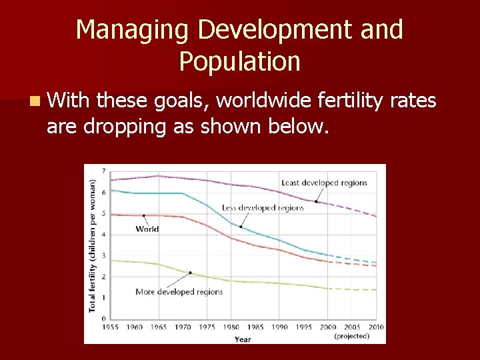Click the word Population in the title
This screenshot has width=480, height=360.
pyautogui.click(x=239, y=61)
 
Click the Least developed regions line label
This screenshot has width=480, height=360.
pyautogui.click(x=323, y=183)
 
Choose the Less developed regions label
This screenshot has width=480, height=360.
pyautogui.click(x=263, y=207)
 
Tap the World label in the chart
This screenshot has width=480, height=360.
pyautogui.click(x=147, y=229)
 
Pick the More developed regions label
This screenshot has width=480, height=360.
pyautogui.click(x=179, y=291)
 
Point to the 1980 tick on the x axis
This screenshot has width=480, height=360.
pyautogui.click(x=232, y=327)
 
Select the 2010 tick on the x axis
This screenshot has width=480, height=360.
pyautogui.click(x=377, y=327)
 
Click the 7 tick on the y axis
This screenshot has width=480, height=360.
pyautogui.click(x=103, y=171)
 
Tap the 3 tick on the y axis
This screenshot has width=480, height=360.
pyautogui.click(x=103, y=255)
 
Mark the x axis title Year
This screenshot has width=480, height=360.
pyautogui.click(x=243, y=339)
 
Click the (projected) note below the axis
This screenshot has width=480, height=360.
pyautogui.click(x=351, y=336)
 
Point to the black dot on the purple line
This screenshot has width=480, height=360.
pyautogui.click(x=316, y=201)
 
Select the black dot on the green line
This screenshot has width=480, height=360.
pyautogui.click(x=190, y=273)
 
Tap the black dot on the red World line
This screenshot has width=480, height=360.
pyautogui.click(x=144, y=215)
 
